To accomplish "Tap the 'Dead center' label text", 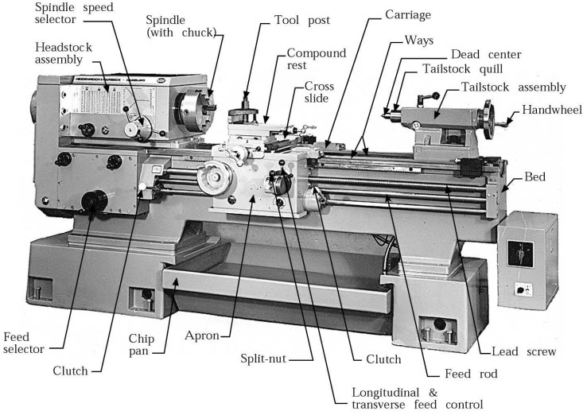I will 485,54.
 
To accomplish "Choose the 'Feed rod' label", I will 457,374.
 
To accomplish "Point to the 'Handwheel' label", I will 550,110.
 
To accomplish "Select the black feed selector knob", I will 97,204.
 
